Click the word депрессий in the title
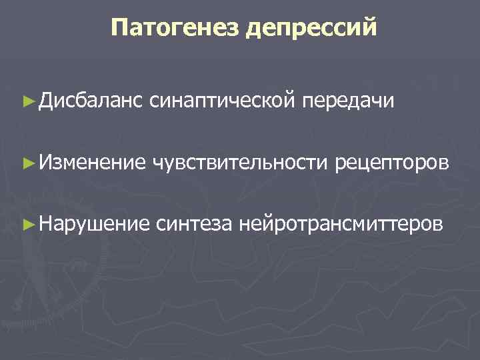coord(311,29)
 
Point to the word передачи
coord(349,102)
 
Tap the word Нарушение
coord(92,221)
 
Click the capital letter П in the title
coord(120,27)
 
